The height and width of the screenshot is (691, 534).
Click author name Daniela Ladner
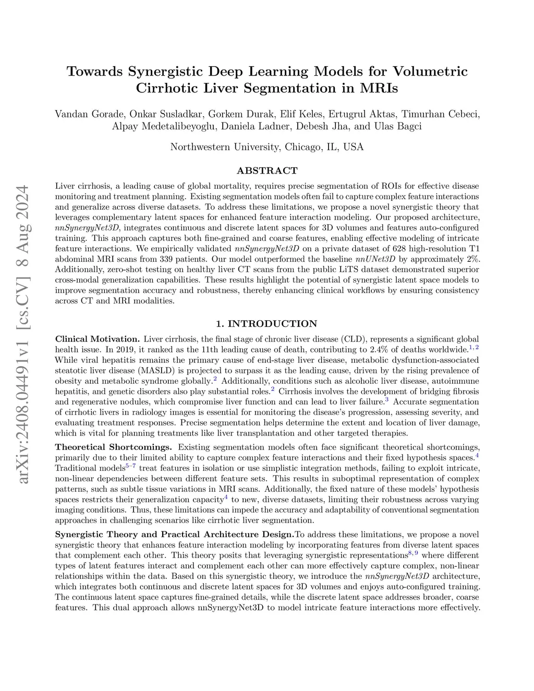[x=261, y=126]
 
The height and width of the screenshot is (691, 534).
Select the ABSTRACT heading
[x=267, y=171]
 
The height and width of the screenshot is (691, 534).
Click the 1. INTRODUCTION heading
[x=267, y=324]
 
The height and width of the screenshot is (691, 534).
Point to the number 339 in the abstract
[x=148, y=259]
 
